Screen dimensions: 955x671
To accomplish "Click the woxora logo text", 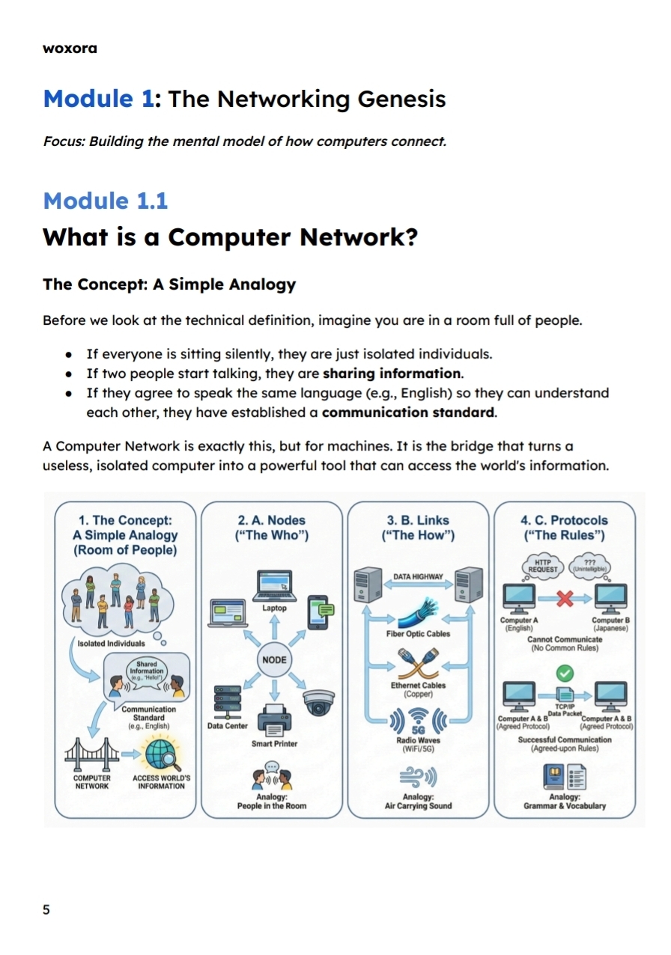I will point(70,49).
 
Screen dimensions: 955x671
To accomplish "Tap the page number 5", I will point(46,909).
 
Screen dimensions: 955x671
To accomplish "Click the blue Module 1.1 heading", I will point(105,201).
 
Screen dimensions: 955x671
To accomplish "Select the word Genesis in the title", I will point(401,99).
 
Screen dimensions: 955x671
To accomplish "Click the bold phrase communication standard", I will point(408,412).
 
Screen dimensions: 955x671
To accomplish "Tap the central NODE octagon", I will point(274,660).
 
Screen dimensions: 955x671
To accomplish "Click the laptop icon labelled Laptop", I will point(274,585).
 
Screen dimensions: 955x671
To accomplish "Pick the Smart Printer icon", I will point(274,720).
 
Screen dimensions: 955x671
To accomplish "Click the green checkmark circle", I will point(565,672).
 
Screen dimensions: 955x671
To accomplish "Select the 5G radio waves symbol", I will point(418,722).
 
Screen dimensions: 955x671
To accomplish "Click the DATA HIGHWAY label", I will point(418,577).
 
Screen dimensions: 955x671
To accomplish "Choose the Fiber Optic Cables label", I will point(418,634).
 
